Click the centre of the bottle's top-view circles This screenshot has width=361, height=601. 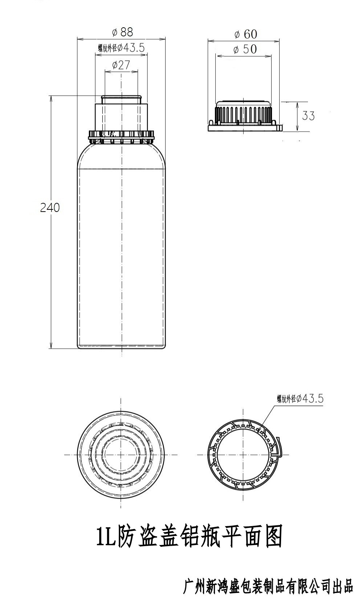(121, 454)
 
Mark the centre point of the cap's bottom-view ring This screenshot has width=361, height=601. (243, 454)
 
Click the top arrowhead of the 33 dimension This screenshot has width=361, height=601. (297, 103)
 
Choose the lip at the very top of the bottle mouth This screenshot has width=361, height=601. (121, 97)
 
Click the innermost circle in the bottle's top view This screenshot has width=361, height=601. (121, 454)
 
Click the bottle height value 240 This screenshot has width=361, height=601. (50, 207)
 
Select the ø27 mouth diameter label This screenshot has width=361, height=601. (121, 65)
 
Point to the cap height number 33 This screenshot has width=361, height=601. (308, 116)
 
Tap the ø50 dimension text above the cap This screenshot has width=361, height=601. (245, 49)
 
